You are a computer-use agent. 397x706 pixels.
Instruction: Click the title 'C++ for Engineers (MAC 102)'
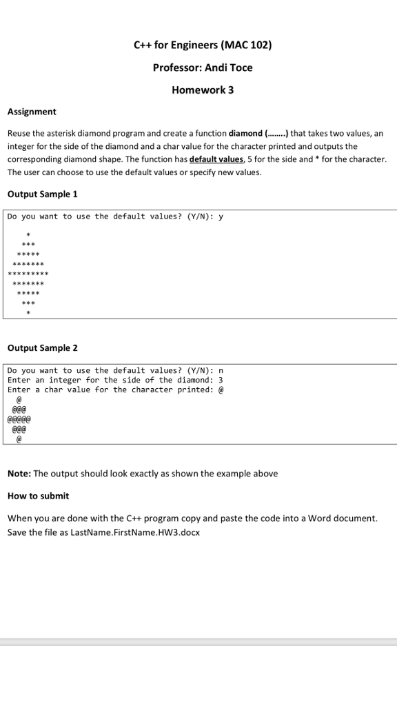tap(203, 46)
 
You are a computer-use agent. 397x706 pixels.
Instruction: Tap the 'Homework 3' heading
tap(203, 90)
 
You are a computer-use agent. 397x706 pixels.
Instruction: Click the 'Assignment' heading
tap(32, 112)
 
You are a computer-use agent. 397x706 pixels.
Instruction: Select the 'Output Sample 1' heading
tap(42, 194)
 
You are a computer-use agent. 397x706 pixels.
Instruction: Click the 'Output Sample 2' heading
tap(43, 348)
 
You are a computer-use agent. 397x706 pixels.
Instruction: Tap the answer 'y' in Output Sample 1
tap(221, 216)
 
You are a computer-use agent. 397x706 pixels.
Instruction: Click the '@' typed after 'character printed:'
tap(221, 390)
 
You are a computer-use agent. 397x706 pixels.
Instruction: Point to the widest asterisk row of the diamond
tap(28, 274)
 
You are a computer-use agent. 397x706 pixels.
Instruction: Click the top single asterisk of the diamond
tap(28, 235)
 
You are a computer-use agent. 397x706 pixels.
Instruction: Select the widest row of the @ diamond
tap(19, 418)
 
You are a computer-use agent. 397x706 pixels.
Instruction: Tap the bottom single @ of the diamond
tap(19, 438)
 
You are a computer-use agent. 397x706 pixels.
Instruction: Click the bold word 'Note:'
tap(19, 474)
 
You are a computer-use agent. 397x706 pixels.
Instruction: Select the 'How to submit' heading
tap(39, 496)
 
